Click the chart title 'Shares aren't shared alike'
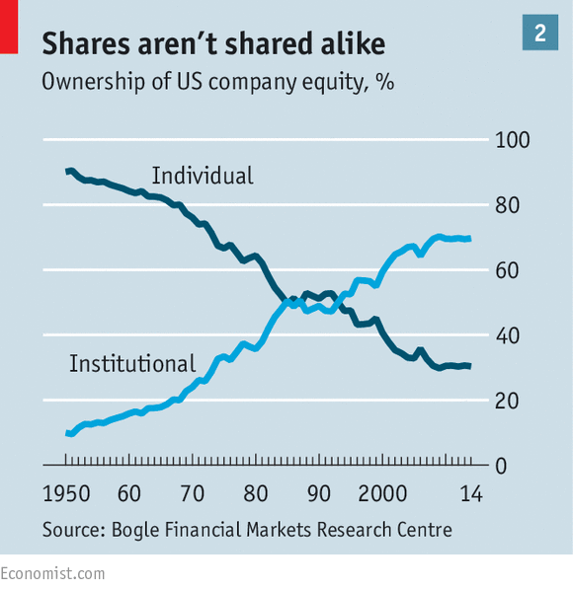(x=213, y=43)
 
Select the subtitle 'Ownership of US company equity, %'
(x=217, y=83)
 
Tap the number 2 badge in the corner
(x=539, y=33)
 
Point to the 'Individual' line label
(x=202, y=177)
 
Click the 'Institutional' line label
(x=132, y=364)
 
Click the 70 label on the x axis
(x=192, y=494)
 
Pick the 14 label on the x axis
(x=471, y=494)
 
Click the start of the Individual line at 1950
(x=67, y=172)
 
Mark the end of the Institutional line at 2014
(x=469, y=239)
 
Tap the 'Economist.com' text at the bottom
(x=52, y=573)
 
